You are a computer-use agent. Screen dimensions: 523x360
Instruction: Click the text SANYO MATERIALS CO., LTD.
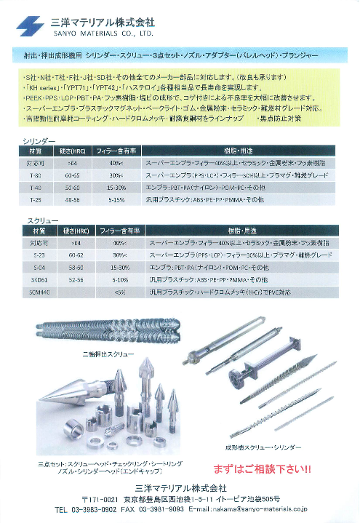tap(101, 33)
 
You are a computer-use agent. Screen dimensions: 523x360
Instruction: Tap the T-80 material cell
tap(34, 176)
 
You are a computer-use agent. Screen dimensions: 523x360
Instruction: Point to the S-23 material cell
tap(34, 256)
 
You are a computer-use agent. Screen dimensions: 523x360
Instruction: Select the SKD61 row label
tap(34, 279)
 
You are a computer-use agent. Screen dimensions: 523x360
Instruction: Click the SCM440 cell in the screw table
tap(36, 291)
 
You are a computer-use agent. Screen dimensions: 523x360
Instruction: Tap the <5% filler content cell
tap(120, 291)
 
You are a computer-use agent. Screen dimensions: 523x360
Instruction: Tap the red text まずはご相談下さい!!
tap(262, 468)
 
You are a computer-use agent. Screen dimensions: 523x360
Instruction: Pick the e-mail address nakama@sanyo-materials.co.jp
tap(265, 511)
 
